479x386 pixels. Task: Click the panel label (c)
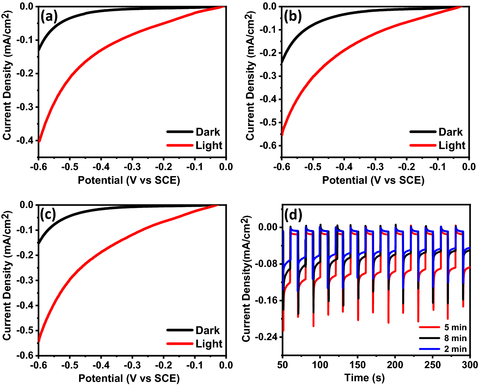[x=48, y=215]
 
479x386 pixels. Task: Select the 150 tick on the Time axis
[x=357, y=365]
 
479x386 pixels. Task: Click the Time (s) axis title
[x=365, y=378]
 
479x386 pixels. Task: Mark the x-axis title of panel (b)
[x=373, y=180]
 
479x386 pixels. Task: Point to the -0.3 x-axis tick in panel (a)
[x=132, y=167]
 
